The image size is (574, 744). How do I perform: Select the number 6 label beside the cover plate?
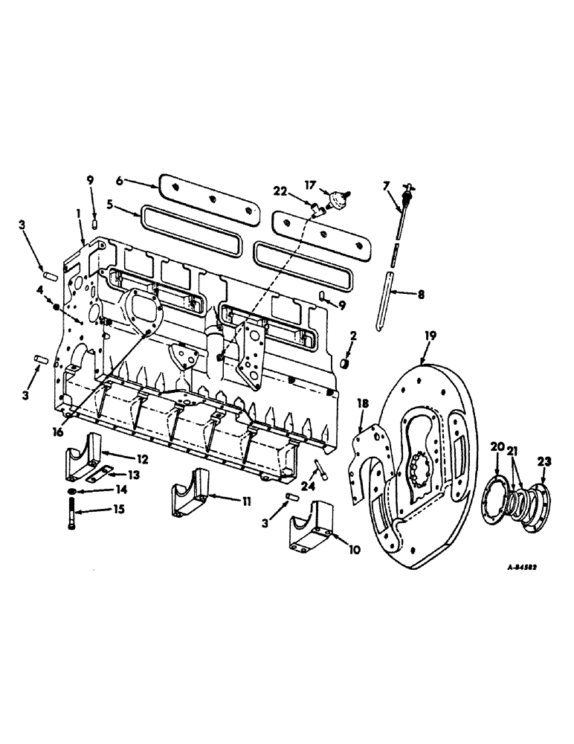(120, 180)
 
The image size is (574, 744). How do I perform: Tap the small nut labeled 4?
(57, 306)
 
